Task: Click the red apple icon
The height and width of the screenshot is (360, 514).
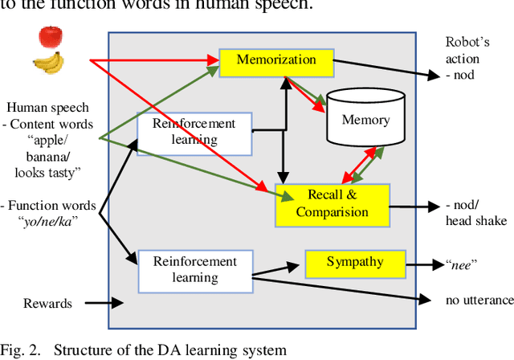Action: (x=49, y=37)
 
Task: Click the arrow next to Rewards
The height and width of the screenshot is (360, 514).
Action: (x=103, y=304)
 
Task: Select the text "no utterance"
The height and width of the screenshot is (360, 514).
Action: (x=479, y=300)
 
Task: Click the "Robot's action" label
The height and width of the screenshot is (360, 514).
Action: (x=474, y=50)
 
